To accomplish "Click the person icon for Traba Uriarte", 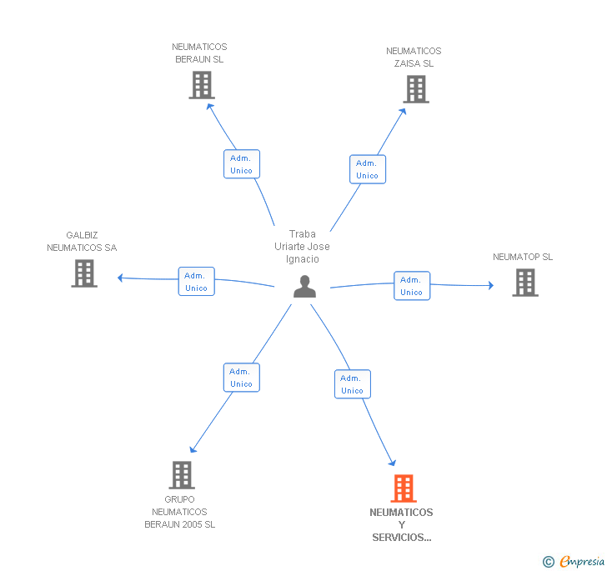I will [305, 287].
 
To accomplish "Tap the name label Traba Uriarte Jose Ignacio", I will [302, 247].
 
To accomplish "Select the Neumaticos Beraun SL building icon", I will [202, 85].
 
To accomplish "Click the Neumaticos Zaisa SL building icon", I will [416, 89].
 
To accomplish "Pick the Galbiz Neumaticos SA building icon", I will [84, 273].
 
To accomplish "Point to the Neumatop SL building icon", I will [524, 283].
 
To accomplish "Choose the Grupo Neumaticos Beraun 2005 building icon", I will [182, 475].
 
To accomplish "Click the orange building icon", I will [404, 488].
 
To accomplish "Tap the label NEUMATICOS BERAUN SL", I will [199, 53].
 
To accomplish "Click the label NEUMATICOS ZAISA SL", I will [414, 58].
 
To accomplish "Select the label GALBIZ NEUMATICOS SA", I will [82, 242].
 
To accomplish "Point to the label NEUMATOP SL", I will [523, 257].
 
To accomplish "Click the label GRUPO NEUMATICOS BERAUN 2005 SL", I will [179, 512].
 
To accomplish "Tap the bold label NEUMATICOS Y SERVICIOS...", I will [401, 525].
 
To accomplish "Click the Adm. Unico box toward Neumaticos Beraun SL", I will [242, 164].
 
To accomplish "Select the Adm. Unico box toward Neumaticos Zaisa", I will [367, 169].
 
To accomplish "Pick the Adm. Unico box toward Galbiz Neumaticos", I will [197, 282].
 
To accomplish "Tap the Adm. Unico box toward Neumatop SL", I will [412, 286].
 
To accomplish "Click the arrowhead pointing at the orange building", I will [392, 463].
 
